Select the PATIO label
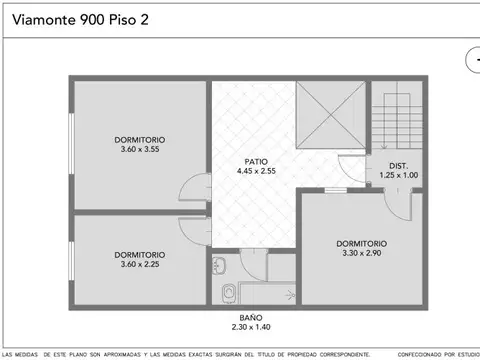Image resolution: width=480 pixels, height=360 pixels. (255, 161)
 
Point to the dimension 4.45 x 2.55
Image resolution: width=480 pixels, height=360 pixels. (255, 171)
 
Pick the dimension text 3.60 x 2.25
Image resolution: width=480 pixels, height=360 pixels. (140, 264)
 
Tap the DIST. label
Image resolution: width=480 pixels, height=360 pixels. (399, 165)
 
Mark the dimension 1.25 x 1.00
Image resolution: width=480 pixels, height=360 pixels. (399, 175)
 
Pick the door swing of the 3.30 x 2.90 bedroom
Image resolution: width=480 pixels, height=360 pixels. (398, 205)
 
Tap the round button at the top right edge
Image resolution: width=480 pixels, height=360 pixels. (474, 60)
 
